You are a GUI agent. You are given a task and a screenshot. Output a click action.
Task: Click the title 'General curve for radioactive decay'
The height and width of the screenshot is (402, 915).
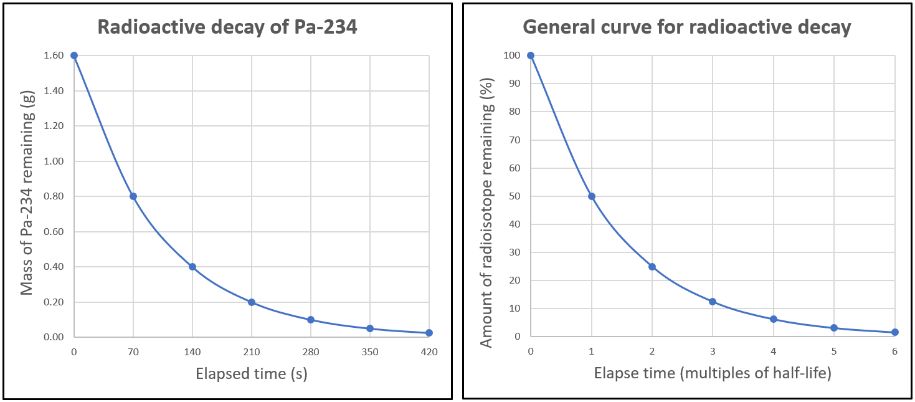click(686, 27)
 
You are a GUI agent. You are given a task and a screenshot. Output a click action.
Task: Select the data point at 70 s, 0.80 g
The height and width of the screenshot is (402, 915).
click(133, 196)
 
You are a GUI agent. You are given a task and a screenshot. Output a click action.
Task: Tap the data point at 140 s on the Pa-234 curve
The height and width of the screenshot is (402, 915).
click(192, 267)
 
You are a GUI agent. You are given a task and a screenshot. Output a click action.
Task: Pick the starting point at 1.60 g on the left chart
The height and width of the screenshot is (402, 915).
click(74, 55)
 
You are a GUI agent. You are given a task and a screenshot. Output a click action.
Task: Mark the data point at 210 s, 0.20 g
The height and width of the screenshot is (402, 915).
click(252, 302)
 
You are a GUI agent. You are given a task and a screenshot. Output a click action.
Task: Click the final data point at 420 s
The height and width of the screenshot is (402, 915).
click(429, 333)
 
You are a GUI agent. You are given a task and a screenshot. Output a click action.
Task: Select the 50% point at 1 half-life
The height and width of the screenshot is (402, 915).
click(592, 196)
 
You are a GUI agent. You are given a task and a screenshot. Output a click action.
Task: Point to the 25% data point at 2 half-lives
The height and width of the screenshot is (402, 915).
click(652, 267)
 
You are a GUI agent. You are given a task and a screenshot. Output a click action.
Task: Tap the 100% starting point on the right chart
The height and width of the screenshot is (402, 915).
click(531, 55)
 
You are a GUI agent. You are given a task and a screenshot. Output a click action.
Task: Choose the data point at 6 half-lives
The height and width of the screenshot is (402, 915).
click(894, 332)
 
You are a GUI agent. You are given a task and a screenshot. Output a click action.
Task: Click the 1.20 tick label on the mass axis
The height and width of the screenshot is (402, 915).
click(55, 126)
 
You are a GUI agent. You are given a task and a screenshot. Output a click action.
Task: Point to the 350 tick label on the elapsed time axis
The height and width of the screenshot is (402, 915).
click(370, 352)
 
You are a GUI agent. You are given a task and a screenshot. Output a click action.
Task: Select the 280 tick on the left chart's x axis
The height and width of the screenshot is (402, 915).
click(311, 352)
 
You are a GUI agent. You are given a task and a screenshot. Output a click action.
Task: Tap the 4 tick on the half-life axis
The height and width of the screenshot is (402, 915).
click(773, 352)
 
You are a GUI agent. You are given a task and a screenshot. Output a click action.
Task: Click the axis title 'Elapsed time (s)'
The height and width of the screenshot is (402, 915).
click(251, 374)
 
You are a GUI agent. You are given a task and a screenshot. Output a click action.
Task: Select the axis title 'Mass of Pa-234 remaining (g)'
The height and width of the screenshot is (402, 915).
click(27, 196)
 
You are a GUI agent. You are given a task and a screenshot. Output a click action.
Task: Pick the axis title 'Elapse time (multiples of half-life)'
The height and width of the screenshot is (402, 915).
click(713, 374)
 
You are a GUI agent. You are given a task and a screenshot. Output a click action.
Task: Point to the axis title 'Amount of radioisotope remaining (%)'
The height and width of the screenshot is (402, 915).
click(487, 196)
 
